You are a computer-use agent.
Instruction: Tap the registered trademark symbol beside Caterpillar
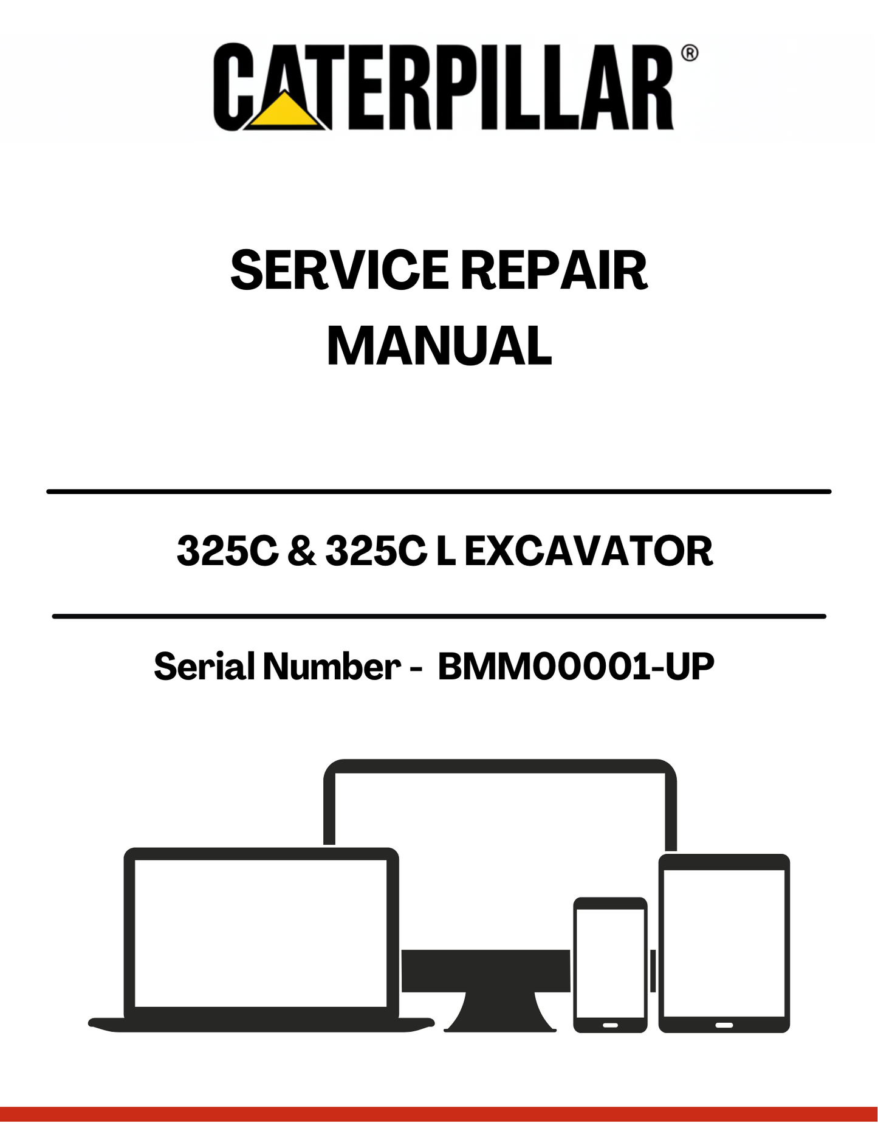[689, 53]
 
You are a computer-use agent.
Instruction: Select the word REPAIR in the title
[554, 270]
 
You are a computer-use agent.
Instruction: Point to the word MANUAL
[439, 346]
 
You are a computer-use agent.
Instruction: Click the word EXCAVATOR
[588, 551]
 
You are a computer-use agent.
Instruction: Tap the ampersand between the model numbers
[302, 551]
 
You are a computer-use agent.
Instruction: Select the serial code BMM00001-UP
[575, 666]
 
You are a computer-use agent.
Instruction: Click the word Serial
[204, 666]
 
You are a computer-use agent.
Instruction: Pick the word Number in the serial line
[332, 666]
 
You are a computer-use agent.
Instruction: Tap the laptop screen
[261, 933]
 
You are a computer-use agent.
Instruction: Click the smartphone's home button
[610, 1025]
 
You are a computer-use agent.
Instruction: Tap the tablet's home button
[724, 1025]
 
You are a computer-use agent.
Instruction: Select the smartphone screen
[610, 963]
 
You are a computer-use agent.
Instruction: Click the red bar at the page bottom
[439, 1114]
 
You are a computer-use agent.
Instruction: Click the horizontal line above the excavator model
[439, 491]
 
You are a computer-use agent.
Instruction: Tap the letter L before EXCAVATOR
[445, 551]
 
